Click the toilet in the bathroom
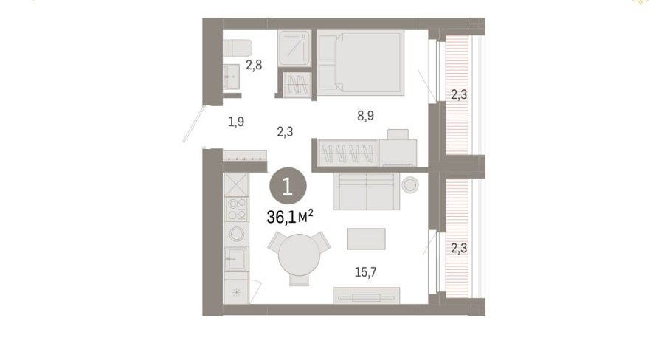[x=237, y=48]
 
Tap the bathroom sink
[x=231, y=77]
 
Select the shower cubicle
[x=294, y=48]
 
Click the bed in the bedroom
[x=360, y=62]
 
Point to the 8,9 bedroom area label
[x=365, y=116]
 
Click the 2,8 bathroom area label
[x=254, y=65]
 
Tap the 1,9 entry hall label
[x=236, y=122]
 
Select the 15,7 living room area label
[x=365, y=272]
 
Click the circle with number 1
[x=288, y=187]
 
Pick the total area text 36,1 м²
[x=290, y=217]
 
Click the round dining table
[x=299, y=255]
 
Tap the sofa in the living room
[x=366, y=191]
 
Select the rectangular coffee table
[x=366, y=239]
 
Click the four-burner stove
[x=237, y=210]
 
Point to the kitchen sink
[x=236, y=259]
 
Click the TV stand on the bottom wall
[x=366, y=295]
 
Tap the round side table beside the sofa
[x=410, y=184]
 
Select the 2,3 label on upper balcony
[x=459, y=95]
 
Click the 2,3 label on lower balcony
[x=459, y=248]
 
